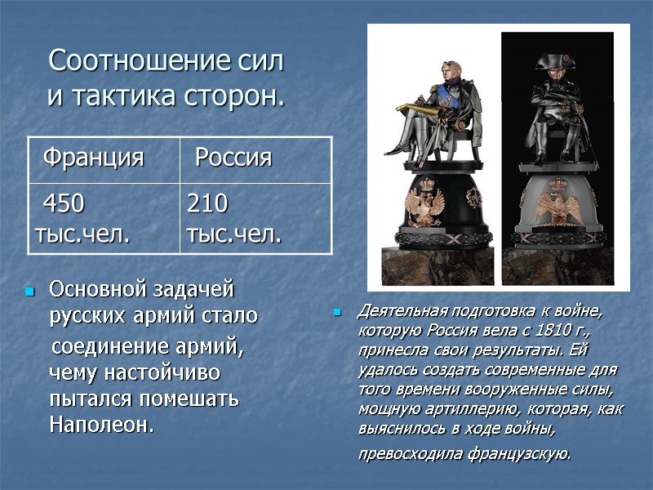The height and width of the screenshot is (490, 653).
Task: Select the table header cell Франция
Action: (x=92, y=158)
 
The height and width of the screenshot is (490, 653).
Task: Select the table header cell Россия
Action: (x=233, y=158)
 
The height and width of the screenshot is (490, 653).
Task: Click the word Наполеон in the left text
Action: (x=100, y=425)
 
